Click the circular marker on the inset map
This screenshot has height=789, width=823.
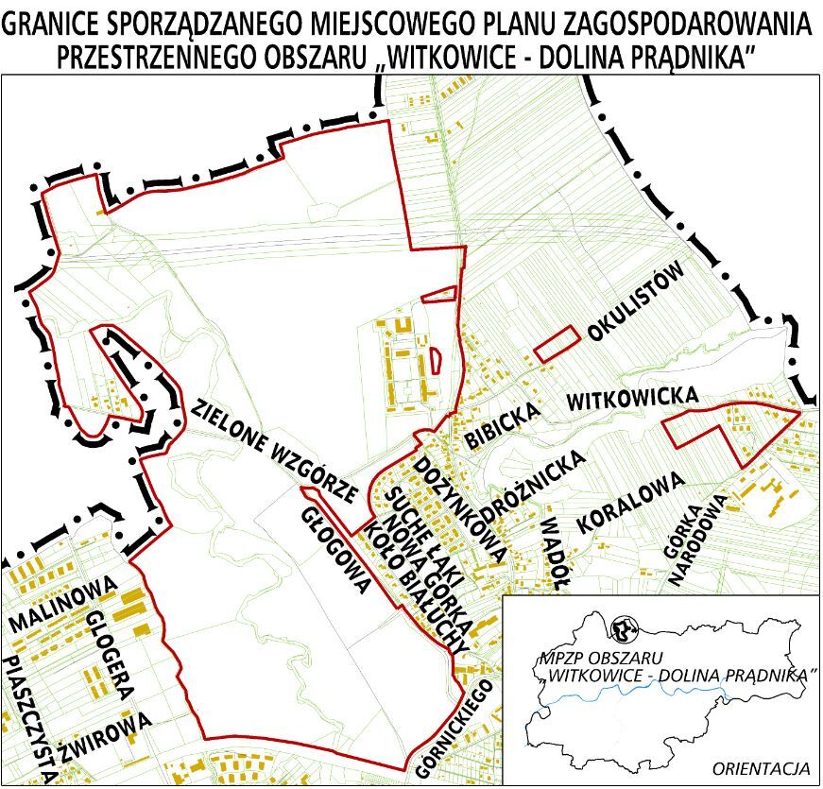click(623, 626)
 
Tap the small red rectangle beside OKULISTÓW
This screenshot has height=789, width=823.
click(556, 342)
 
